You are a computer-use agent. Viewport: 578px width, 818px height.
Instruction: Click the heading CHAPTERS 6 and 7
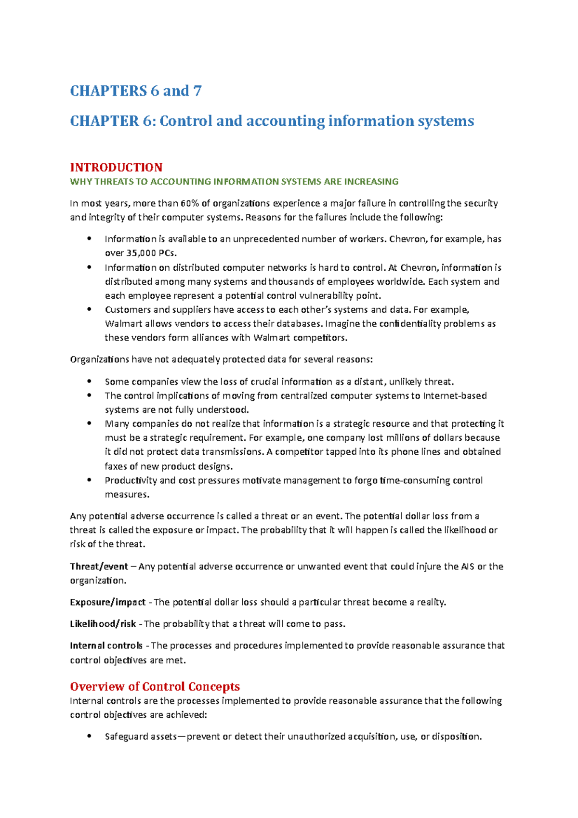pyautogui.click(x=136, y=91)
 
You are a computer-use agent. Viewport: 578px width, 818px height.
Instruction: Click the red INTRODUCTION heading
pyautogui.click(x=116, y=167)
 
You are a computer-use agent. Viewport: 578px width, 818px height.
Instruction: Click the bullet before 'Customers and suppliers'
pyautogui.click(x=89, y=309)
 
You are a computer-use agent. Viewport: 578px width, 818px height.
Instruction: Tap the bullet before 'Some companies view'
pyautogui.click(x=89, y=381)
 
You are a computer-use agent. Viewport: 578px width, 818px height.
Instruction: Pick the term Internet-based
pyautogui.click(x=455, y=396)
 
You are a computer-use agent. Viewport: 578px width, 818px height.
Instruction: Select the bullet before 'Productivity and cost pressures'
pyautogui.click(x=89, y=480)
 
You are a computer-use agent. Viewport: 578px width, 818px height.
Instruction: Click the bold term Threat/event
pyautogui.click(x=99, y=567)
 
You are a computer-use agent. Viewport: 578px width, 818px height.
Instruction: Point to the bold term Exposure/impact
pyautogui.click(x=107, y=602)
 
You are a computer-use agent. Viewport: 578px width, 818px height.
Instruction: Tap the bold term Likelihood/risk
pyautogui.click(x=103, y=624)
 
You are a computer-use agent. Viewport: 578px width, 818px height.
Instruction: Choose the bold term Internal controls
pyautogui.click(x=106, y=646)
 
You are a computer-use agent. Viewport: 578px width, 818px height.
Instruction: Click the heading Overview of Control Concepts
pyautogui.click(x=155, y=686)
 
